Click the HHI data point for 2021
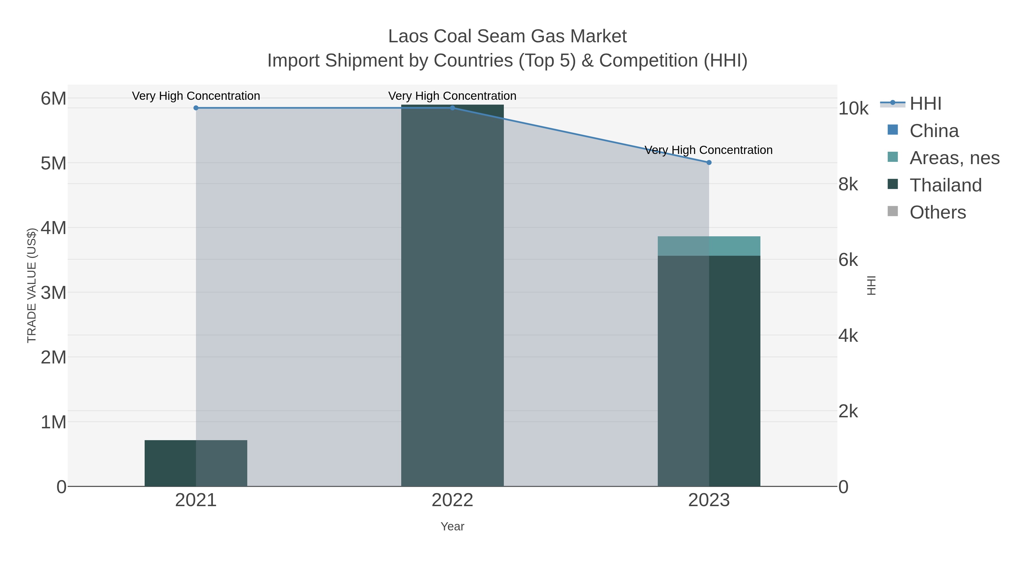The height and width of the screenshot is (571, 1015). click(x=196, y=108)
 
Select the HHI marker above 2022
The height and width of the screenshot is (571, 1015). click(x=452, y=108)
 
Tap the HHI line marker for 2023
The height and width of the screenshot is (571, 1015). click(x=709, y=162)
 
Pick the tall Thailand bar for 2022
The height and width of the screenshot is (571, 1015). click(x=452, y=296)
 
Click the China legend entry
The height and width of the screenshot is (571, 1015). click(x=934, y=131)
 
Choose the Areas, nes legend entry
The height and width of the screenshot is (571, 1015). click(x=954, y=158)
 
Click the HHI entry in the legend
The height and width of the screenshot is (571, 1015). click(x=925, y=104)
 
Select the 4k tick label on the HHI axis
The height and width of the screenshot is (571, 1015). click(x=848, y=336)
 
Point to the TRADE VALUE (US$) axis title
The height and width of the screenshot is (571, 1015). click(x=32, y=285)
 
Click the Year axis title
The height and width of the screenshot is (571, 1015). click(x=452, y=526)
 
